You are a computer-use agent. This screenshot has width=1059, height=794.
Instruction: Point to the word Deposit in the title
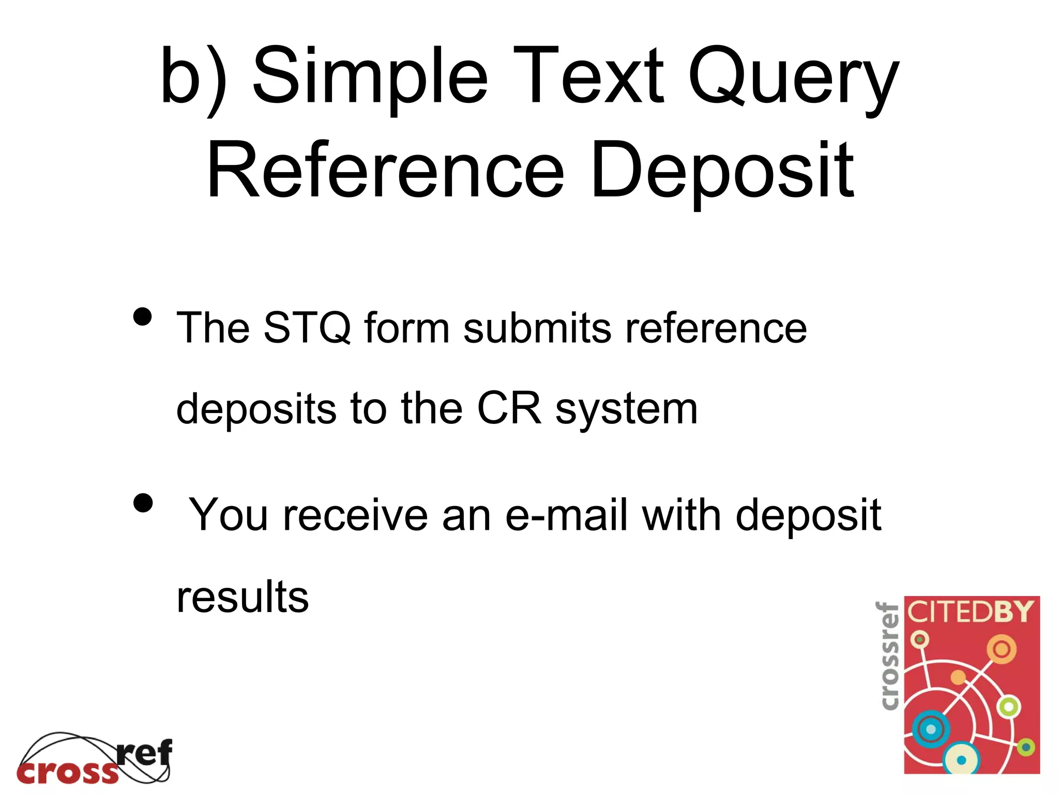point(722,171)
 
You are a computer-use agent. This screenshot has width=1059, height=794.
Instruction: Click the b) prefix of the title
point(193,78)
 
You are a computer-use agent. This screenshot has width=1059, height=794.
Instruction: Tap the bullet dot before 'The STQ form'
point(143,316)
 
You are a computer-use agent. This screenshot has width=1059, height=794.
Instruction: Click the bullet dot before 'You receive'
point(143,502)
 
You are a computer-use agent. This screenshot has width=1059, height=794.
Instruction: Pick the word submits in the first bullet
point(537,328)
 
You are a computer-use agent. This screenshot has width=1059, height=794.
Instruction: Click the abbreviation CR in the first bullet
point(509,408)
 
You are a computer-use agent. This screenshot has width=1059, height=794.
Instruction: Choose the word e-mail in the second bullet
point(566,515)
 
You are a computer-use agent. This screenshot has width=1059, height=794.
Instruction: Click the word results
point(243,597)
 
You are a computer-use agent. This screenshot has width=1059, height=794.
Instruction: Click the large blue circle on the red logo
point(930,729)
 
